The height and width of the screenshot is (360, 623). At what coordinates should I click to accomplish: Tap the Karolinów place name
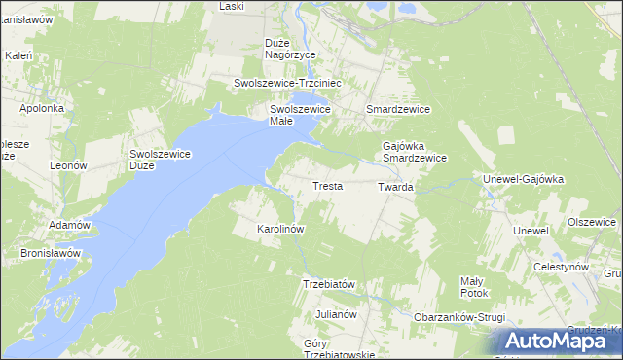[x=280, y=229]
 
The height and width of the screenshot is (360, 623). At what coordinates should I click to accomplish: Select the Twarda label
[x=396, y=186]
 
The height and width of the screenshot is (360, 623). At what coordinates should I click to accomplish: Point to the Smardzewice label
[x=397, y=110]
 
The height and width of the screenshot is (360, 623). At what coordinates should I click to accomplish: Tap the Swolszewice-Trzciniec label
[x=285, y=84]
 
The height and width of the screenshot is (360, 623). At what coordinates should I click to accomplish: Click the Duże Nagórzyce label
[x=290, y=49]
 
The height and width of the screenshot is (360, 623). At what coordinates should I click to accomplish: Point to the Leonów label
[x=69, y=166]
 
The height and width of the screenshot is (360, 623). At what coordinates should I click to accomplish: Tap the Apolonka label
[x=41, y=108]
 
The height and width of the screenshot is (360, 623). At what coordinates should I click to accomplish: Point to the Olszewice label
[x=592, y=222]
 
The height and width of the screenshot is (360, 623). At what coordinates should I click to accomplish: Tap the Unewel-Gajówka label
[x=524, y=179]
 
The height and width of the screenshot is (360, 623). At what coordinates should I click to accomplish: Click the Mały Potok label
[x=473, y=286]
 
